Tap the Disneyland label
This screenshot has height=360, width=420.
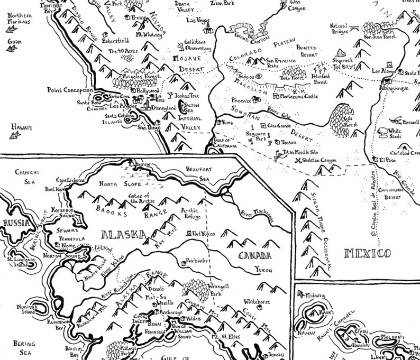pyautogui.click(x=164, y=108)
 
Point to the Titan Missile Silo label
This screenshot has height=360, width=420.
pyautogui.click(x=302, y=151)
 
